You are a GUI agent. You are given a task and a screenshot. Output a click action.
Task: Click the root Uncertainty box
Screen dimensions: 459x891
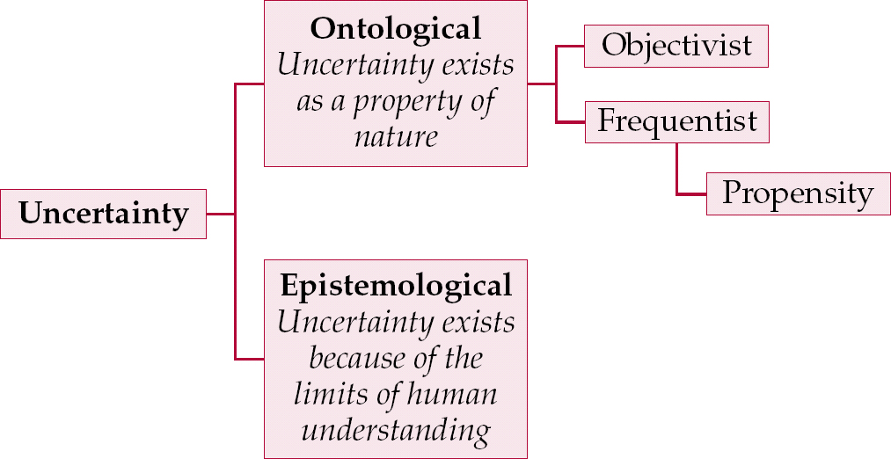coord(103,214)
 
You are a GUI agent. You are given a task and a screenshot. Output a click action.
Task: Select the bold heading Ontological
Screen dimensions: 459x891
coord(396,28)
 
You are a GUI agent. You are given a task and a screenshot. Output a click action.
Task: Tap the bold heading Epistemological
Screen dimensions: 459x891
coord(396,285)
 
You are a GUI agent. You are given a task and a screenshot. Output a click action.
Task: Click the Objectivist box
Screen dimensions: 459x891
coord(676,47)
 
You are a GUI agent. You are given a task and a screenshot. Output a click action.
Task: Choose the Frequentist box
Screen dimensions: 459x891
coord(676,120)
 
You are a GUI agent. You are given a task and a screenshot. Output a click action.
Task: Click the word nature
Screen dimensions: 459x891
coord(396,138)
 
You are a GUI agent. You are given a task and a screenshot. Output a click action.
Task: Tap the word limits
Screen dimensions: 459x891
coord(332,395)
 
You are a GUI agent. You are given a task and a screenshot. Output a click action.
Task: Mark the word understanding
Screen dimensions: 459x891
coord(396,431)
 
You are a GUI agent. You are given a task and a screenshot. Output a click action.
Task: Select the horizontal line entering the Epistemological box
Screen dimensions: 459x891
coord(250,359)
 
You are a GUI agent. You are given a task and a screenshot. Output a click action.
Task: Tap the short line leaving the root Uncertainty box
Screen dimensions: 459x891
coord(220,214)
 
